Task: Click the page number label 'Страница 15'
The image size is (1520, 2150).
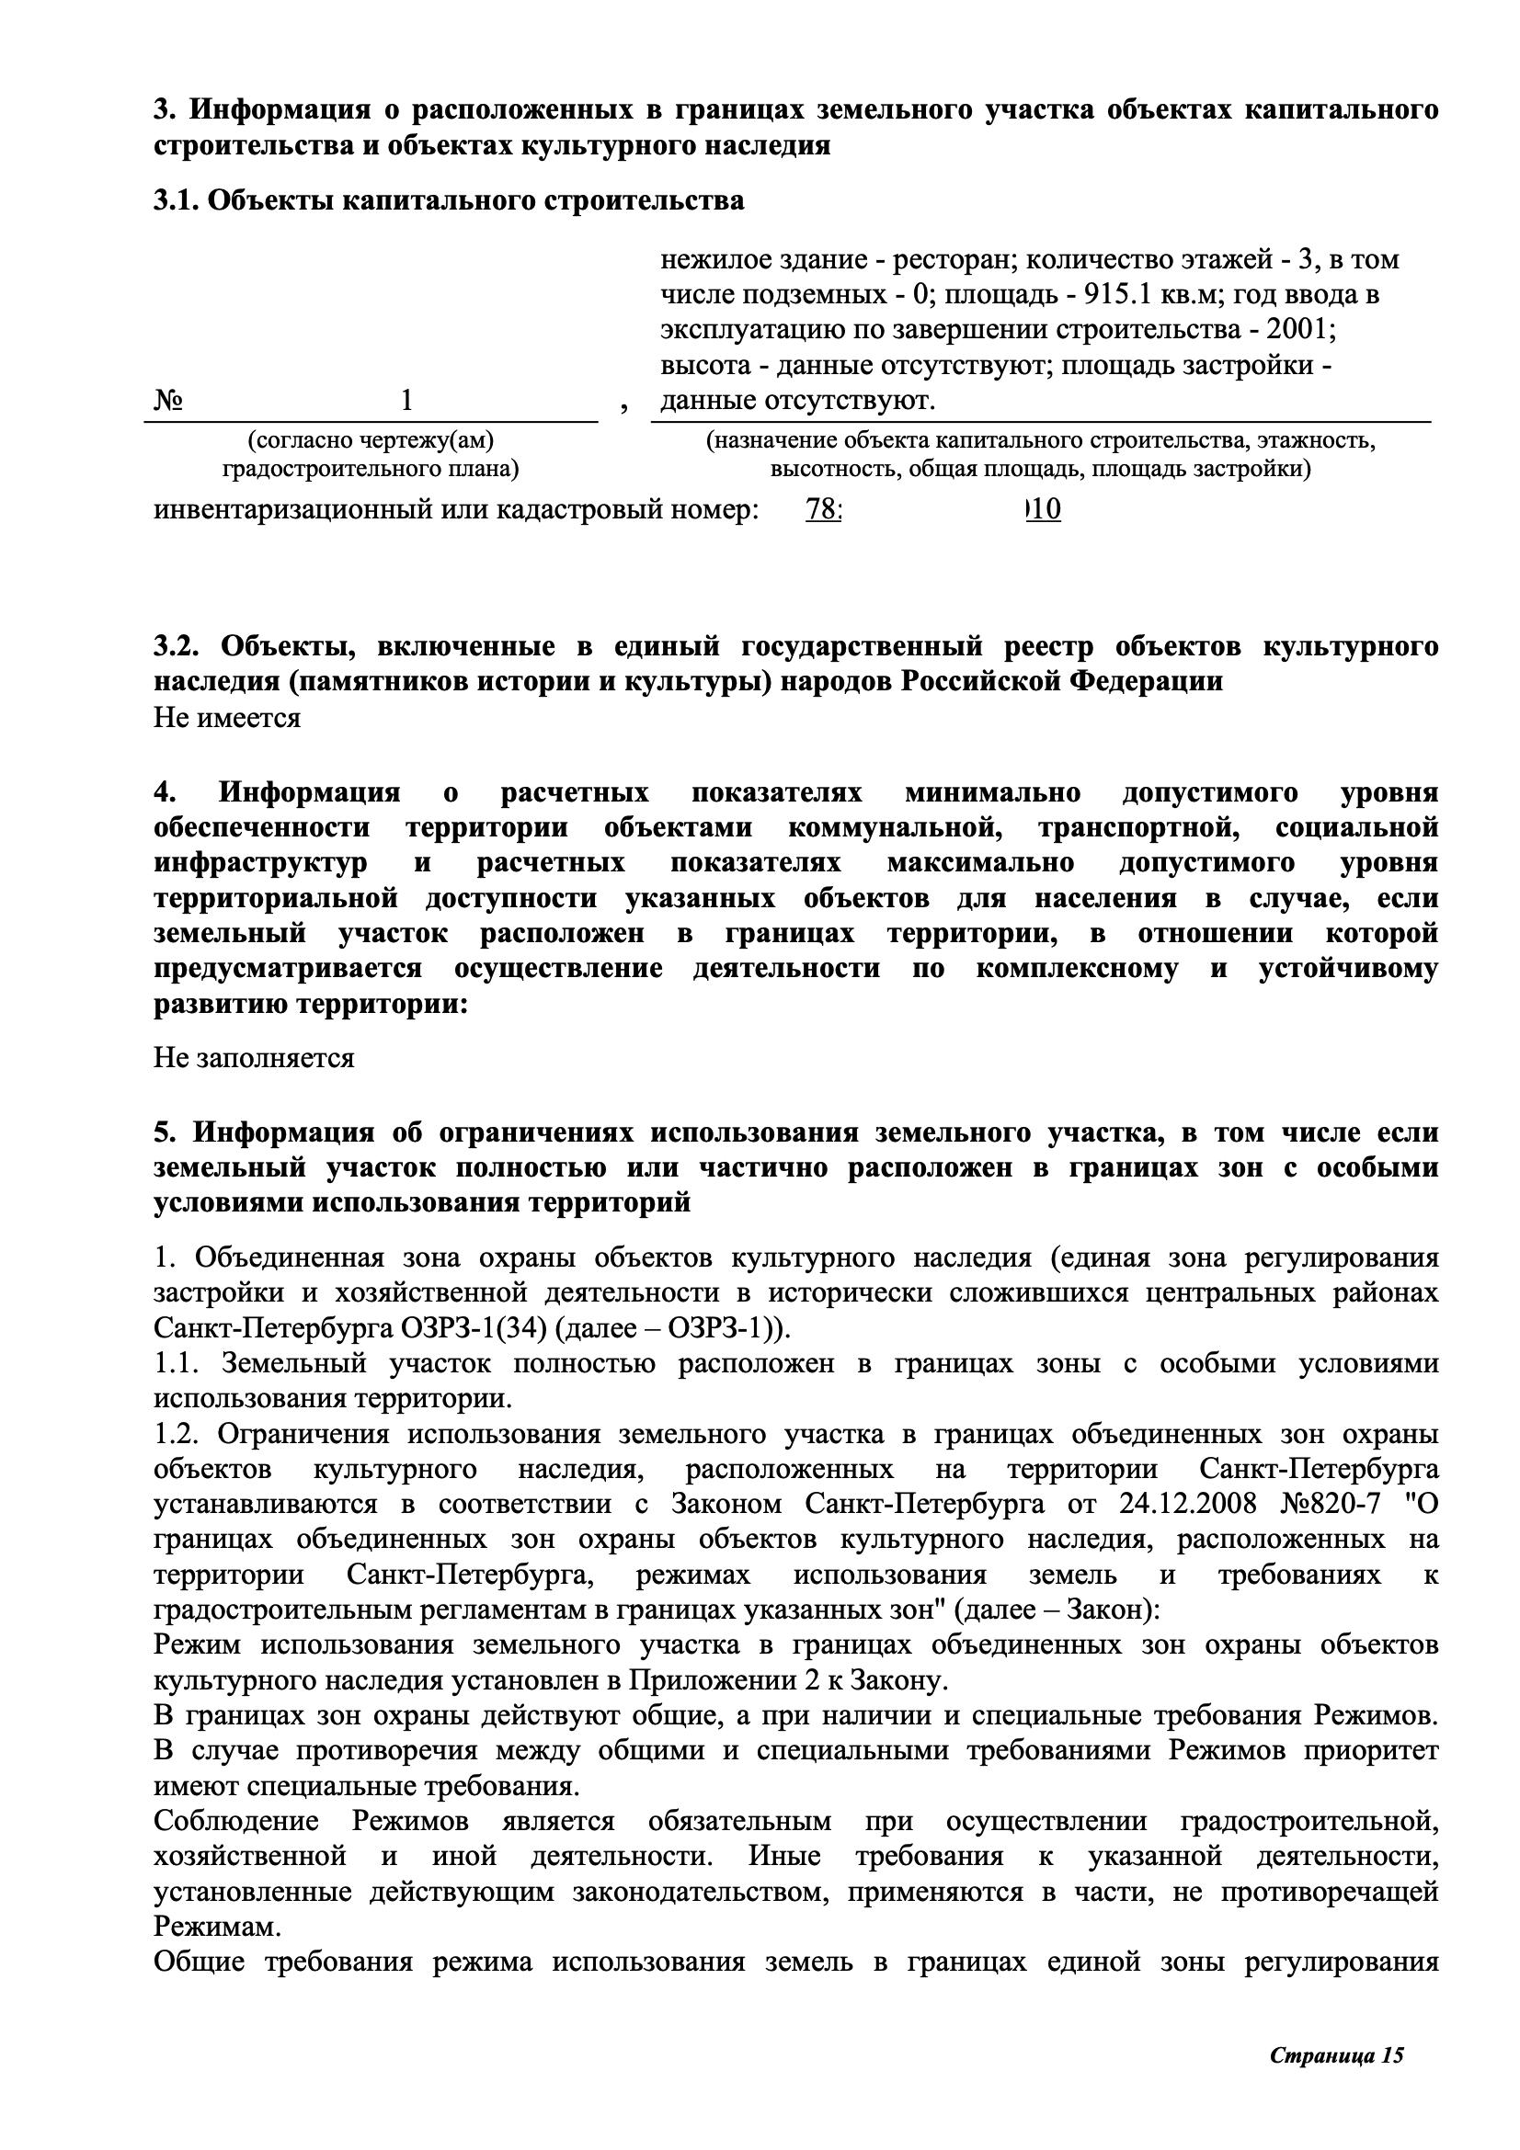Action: click(x=1336, y=2048)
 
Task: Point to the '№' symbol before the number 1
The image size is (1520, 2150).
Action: click(x=168, y=401)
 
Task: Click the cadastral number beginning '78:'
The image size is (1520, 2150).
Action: click(x=931, y=510)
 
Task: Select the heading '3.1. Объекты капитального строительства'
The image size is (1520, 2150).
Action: click(x=449, y=200)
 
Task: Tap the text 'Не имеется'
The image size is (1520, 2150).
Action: click(x=226, y=718)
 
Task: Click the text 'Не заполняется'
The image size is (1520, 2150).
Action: click(x=254, y=1058)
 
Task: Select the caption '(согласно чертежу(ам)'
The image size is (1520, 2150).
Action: click(x=370, y=440)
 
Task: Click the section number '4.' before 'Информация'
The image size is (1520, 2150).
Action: click(x=165, y=792)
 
